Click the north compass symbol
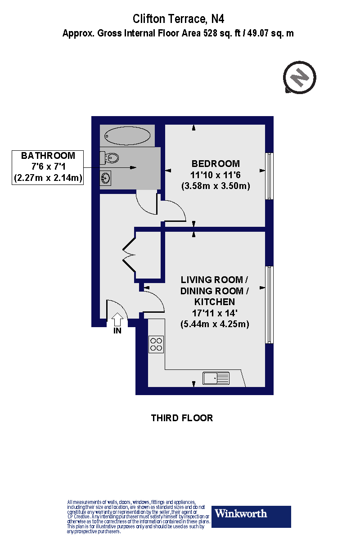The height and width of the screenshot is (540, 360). pyautogui.click(x=300, y=78)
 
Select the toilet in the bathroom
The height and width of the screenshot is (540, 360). pyautogui.click(x=111, y=158)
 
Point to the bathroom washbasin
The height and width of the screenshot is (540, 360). pyautogui.click(x=106, y=178)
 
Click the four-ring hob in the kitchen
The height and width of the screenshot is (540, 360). pyautogui.click(x=156, y=344)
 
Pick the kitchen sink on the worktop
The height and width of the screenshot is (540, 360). pyautogui.click(x=216, y=378)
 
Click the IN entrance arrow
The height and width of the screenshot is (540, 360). pyautogui.click(x=117, y=320)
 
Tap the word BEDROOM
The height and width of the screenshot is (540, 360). pyautogui.click(x=216, y=163)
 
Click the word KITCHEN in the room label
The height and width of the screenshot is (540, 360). pyautogui.click(x=214, y=301)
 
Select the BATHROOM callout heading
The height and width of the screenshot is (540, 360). pyautogui.click(x=48, y=156)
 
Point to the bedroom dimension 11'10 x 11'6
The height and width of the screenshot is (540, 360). pyautogui.click(x=216, y=175)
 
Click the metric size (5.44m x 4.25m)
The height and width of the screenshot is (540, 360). pyautogui.click(x=215, y=324)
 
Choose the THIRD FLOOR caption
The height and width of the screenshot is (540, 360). pyautogui.click(x=182, y=418)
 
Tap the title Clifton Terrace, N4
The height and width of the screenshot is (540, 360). pyautogui.click(x=179, y=19)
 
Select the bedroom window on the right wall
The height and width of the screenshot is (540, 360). pyautogui.click(x=269, y=175)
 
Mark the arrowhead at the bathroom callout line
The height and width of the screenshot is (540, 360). pyautogui.click(x=133, y=168)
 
